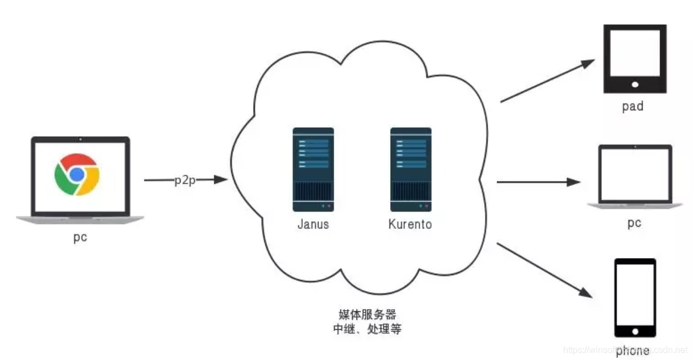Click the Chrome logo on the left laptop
(x=77, y=174)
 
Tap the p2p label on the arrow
(x=184, y=180)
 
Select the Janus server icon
(x=313, y=170)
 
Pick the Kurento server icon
(x=410, y=170)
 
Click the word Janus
(x=313, y=225)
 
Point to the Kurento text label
(x=410, y=225)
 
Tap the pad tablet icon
(x=635, y=59)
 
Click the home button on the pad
(x=635, y=85)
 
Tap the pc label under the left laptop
(x=80, y=237)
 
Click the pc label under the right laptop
(x=634, y=223)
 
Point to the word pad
(x=633, y=106)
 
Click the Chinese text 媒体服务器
(x=367, y=314)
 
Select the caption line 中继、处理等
(x=367, y=329)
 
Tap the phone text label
(x=633, y=352)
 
